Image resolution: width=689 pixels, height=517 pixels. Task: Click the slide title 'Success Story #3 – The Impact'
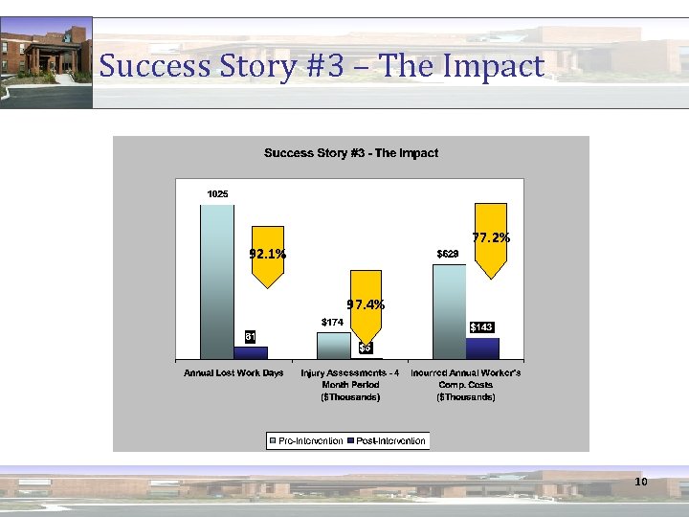(x=322, y=66)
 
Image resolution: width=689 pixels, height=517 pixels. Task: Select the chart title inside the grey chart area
(x=351, y=153)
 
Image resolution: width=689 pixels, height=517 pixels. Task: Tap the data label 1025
(x=218, y=194)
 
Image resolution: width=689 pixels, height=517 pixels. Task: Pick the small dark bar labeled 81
(x=251, y=352)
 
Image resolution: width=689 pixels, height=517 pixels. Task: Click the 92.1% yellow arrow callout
(x=267, y=256)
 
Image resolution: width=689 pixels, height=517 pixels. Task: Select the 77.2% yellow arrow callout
(x=491, y=238)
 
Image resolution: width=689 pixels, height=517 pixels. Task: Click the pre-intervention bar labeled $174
(x=333, y=346)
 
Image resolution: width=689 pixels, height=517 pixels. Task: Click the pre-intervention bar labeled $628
(x=449, y=311)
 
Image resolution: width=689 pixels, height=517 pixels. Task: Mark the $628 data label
(x=448, y=254)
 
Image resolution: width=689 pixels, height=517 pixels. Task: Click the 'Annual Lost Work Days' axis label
(x=233, y=372)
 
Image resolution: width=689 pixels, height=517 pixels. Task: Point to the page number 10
(x=640, y=481)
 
